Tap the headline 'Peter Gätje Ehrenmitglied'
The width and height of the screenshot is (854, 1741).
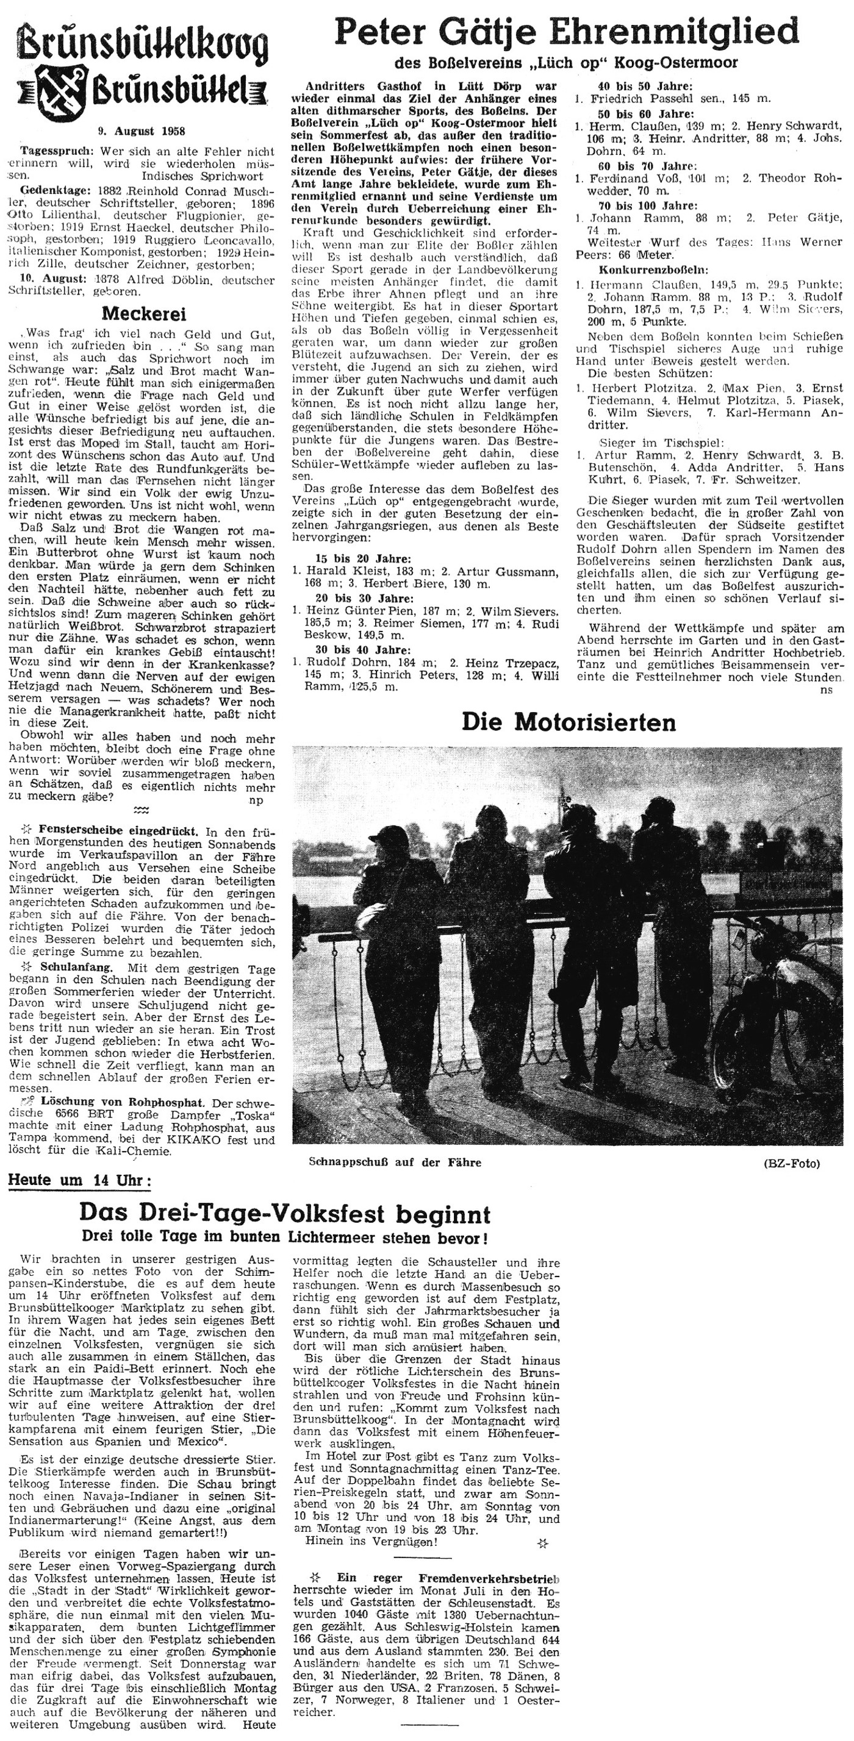pyautogui.click(x=566, y=32)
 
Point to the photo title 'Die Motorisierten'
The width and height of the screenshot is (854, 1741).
pyautogui.click(x=568, y=722)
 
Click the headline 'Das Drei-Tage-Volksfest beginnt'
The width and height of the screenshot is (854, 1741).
pyautogui.click(x=285, y=1214)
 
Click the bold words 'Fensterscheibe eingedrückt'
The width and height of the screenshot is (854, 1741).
pyautogui.click(x=118, y=830)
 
